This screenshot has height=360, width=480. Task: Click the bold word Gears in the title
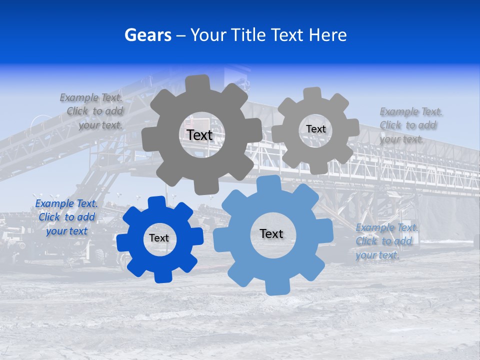point(147,35)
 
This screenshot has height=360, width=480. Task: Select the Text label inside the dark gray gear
point(199,135)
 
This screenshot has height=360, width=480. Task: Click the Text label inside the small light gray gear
point(315,129)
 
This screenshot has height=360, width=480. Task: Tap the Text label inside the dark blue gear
point(159,238)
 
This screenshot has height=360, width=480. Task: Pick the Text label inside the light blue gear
point(271,233)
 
